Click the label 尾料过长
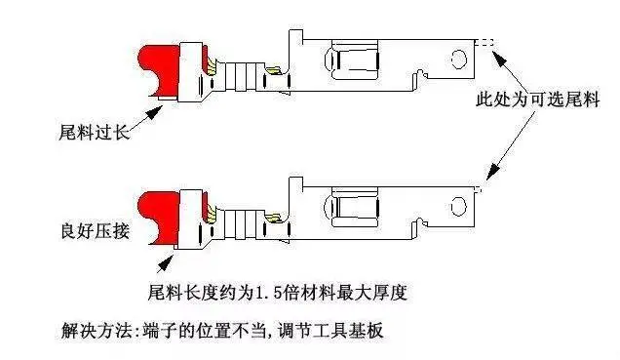tap(95, 132)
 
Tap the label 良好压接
tap(95, 230)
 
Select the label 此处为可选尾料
tap(538, 99)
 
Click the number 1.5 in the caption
tap(267, 293)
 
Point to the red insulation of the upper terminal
tap(158, 71)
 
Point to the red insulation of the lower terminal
tap(158, 217)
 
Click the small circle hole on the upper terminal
tap(459, 59)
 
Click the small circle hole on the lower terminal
tap(459, 206)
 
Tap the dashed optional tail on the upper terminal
tap(484, 42)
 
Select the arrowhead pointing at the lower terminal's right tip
tap(492, 173)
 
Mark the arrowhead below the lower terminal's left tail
tap(167, 261)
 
